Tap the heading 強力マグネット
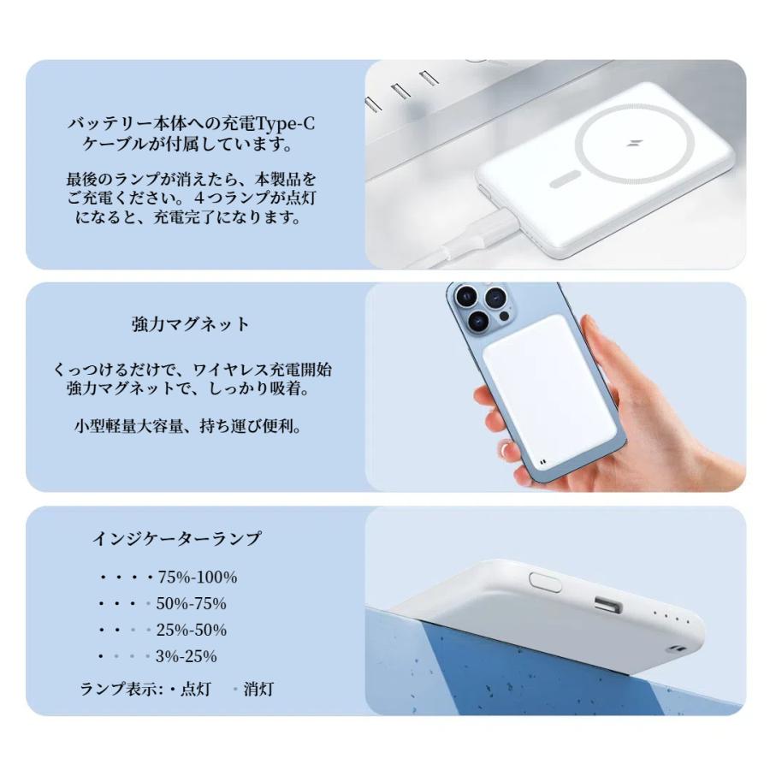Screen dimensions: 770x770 (x=191, y=324)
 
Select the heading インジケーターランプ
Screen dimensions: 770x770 (x=176, y=539)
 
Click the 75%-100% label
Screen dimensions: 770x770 (x=198, y=577)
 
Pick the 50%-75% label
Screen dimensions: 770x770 (x=191, y=604)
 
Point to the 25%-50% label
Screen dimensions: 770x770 (x=191, y=631)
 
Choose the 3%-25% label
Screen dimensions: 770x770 (x=186, y=657)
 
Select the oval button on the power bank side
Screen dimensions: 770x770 (x=545, y=579)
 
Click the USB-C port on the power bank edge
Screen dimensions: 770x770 (x=607, y=607)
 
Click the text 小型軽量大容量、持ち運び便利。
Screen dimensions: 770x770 (x=187, y=426)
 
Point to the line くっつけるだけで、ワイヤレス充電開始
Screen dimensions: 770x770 (x=192, y=370)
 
